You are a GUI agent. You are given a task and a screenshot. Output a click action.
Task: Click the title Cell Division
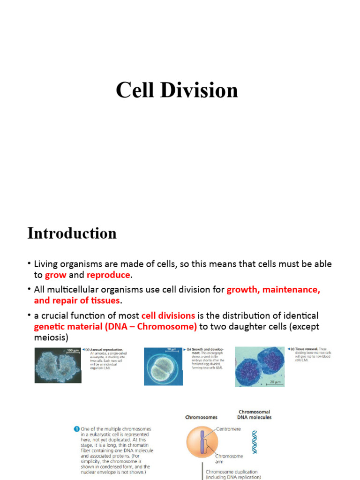(x=177, y=90)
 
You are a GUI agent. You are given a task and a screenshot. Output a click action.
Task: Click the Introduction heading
(x=72, y=233)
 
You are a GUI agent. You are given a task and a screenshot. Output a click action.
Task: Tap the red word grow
(x=55, y=275)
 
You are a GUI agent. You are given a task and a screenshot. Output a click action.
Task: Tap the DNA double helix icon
(x=255, y=442)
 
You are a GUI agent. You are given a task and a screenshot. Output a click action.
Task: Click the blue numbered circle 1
(x=76, y=428)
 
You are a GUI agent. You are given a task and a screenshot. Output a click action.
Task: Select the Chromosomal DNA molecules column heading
(x=254, y=414)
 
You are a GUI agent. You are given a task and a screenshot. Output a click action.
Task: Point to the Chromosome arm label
(x=229, y=458)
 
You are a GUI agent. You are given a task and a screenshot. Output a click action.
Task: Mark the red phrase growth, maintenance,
(x=273, y=290)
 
